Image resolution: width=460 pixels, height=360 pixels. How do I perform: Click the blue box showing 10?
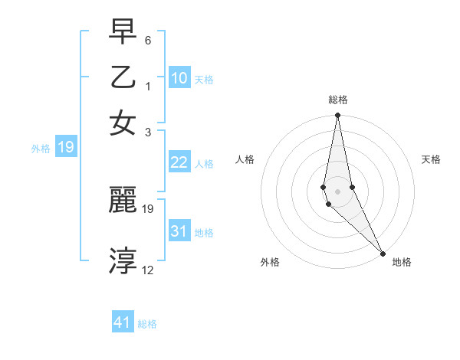point(179,77)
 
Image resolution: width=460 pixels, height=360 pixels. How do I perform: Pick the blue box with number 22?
point(179,162)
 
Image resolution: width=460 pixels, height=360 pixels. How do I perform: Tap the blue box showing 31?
point(179,231)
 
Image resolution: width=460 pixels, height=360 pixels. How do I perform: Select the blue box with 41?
point(123,322)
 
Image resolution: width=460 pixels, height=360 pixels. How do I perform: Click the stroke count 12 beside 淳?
point(148,270)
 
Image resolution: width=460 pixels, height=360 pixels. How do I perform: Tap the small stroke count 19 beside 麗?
point(148,208)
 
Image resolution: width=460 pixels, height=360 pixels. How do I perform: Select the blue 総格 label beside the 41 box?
point(147,324)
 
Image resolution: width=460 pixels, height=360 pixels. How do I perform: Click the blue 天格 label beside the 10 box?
point(203,79)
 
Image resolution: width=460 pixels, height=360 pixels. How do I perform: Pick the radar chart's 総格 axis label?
point(338,100)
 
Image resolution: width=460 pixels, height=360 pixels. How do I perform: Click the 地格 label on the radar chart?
point(402,262)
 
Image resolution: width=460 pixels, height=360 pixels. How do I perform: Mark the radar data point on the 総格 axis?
point(338,116)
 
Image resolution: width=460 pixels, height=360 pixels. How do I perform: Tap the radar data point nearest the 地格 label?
point(382,254)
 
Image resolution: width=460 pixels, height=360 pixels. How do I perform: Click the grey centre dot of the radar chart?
point(338,191)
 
